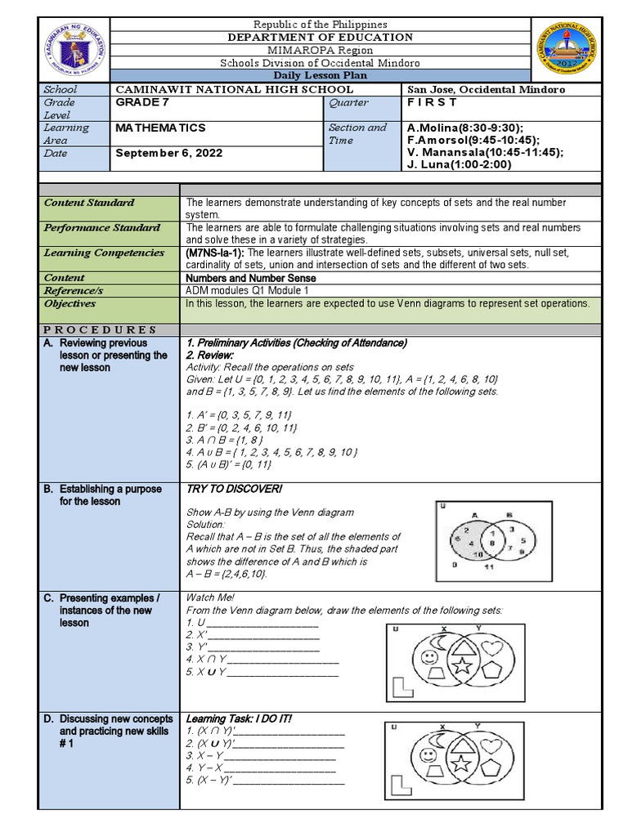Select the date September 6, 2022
coord(168,153)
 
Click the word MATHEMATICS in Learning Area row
coord(160,128)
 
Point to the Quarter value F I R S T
coord(432,103)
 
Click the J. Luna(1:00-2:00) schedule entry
coord(458,164)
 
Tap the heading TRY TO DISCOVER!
coord(234,489)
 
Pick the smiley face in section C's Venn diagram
coord(428,656)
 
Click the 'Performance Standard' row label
coord(102,227)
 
